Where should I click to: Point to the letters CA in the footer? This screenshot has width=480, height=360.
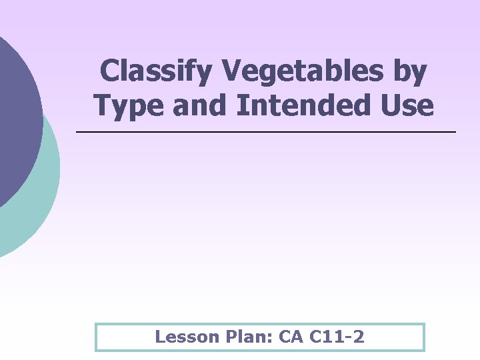click(x=291, y=337)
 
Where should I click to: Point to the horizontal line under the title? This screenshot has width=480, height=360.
click(x=267, y=133)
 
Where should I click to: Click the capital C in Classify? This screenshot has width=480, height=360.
click(x=108, y=72)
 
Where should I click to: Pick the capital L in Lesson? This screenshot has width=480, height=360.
click(x=160, y=337)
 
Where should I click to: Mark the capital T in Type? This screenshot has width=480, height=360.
click(x=103, y=105)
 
